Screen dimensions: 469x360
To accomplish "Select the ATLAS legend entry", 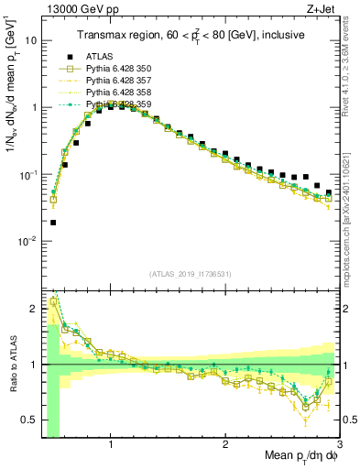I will [x=96, y=58].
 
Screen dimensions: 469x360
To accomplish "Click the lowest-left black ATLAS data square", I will [x=53, y=222].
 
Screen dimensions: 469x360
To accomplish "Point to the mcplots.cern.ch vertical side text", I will [x=352, y=220].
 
